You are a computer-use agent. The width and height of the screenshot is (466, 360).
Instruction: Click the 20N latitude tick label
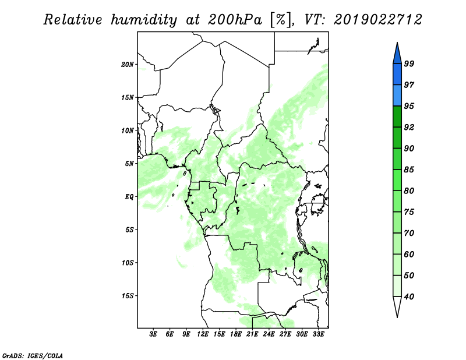click(128, 64)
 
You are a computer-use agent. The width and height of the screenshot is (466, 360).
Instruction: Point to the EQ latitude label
click(129, 197)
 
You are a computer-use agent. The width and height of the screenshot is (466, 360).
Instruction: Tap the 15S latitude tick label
click(128, 296)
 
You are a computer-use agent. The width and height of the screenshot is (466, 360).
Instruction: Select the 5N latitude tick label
click(129, 164)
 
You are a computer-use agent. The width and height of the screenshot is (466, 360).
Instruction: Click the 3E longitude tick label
click(153, 334)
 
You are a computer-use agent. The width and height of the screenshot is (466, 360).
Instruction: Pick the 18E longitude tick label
click(235, 334)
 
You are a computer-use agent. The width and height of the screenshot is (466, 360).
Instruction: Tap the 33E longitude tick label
click(318, 334)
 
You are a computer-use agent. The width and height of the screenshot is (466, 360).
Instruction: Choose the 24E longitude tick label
click(269, 334)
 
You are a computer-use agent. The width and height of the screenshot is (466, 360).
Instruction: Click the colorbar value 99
click(409, 63)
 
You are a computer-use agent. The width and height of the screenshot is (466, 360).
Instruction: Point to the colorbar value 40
click(409, 297)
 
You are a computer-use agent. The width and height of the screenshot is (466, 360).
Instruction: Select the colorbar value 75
click(409, 212)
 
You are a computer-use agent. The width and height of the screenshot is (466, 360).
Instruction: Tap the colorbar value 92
click(409, 127)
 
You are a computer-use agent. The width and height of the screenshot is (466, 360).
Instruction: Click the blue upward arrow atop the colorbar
click(397, 55)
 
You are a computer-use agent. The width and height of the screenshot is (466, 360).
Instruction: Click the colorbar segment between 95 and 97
click(397, 96)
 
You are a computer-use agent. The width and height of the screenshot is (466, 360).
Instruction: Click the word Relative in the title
click(73, 20)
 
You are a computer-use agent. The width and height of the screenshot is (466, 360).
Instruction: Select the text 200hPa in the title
click(235, 20)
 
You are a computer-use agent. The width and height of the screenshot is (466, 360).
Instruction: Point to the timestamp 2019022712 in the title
click(377, 20)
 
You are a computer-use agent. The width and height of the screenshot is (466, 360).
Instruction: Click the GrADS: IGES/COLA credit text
click(33, 355)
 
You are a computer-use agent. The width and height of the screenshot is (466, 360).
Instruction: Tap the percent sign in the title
click(280, 20)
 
